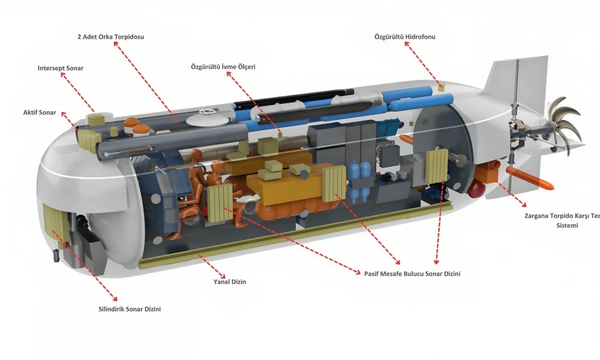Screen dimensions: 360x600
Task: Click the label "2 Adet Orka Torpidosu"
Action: click(x=110, y=37)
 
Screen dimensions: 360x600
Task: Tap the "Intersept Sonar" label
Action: click(x=60, y=68)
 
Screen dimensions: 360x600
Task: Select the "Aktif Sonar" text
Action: click(x=39, y=113)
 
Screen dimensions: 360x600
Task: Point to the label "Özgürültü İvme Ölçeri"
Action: click(x=223, y=67)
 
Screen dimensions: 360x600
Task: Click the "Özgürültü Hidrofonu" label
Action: click(x=404, y=37)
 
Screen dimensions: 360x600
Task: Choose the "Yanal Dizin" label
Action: click(x=230, y=281)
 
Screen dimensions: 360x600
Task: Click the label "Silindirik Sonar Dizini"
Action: click(x=130, y=310)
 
